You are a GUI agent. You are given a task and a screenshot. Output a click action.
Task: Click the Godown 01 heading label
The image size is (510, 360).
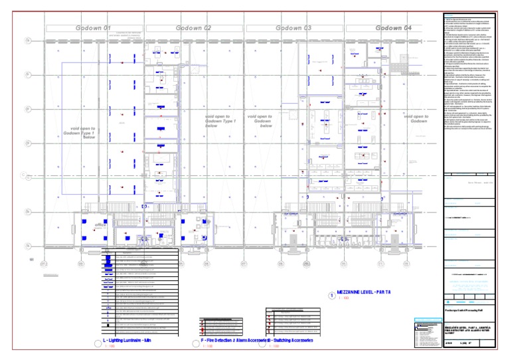(x=93, y=28)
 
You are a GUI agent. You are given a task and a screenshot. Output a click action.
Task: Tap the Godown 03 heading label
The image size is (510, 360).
(x=293, y=28)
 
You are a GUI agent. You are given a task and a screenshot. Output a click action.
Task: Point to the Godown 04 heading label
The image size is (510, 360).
(x=394, y=28)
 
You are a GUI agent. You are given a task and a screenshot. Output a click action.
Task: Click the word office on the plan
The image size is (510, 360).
(x=100, y=225)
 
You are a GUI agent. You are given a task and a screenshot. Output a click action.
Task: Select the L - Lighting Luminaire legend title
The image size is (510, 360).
(x=130, y=341)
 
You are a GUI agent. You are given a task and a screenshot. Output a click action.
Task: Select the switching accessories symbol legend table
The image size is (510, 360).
(x=294, y=321)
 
